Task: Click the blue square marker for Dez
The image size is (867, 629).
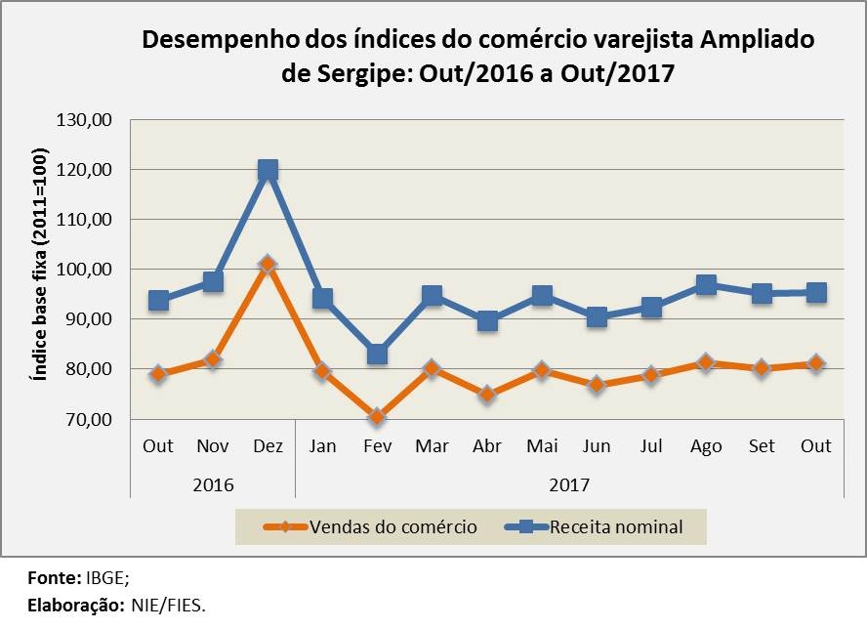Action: pos(268,170)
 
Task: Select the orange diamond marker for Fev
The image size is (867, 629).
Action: pos(377,417)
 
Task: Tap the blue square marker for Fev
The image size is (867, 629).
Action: pos(377,354)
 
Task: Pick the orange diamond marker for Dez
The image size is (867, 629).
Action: pos(268,264)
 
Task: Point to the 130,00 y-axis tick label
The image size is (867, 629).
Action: pos(87,120)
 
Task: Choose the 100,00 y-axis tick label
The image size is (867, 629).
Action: pos(87,270)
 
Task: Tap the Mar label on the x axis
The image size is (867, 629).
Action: pos(432,446)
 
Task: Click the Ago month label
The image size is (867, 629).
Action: pos(706,446)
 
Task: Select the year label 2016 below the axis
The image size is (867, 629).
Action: pos(213,483)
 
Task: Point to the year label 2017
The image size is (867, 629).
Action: pos(568,483)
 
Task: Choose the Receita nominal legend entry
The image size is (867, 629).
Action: pos(615,527)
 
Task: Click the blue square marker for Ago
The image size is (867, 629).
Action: pos(706,285)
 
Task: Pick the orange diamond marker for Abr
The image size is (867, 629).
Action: pos(487,395)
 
